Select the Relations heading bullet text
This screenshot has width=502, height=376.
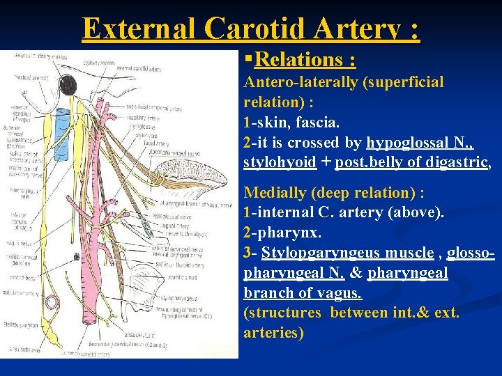pyautogui.click(x=305, y=61)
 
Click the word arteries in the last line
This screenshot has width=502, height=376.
pyautogui.click(x=273, y=333)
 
